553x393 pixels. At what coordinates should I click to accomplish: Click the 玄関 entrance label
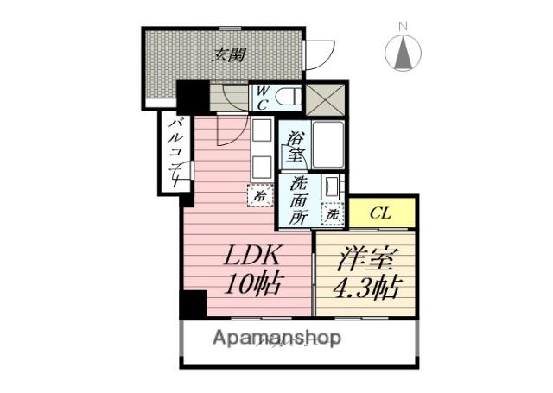(x=229, y=54)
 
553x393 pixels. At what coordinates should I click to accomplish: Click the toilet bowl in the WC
(x=289, y=97)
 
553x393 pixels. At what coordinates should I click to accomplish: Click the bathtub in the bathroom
(x=329, y=145)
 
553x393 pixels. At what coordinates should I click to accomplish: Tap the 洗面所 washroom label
(x=298, y=200)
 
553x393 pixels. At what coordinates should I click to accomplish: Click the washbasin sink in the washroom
(x=332, y=187)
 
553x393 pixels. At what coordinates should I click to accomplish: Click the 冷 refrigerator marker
(x=259, y=196)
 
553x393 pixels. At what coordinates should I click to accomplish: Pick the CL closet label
(x=379, y=212)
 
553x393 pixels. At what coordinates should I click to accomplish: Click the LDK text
(x=254, y=257)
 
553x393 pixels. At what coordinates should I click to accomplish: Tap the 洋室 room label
(x=365, y=260)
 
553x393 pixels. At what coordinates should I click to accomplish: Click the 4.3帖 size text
(x=365, y=286)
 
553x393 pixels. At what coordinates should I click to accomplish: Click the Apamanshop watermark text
(x=276, y=337)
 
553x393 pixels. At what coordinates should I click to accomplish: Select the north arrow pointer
(x=404, y=54)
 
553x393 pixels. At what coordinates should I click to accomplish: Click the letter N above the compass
(x=403, y=27)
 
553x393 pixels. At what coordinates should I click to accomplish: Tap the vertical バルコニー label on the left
(x=174, y=155)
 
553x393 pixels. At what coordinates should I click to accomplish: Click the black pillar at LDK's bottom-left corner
(x=193, y=305)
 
